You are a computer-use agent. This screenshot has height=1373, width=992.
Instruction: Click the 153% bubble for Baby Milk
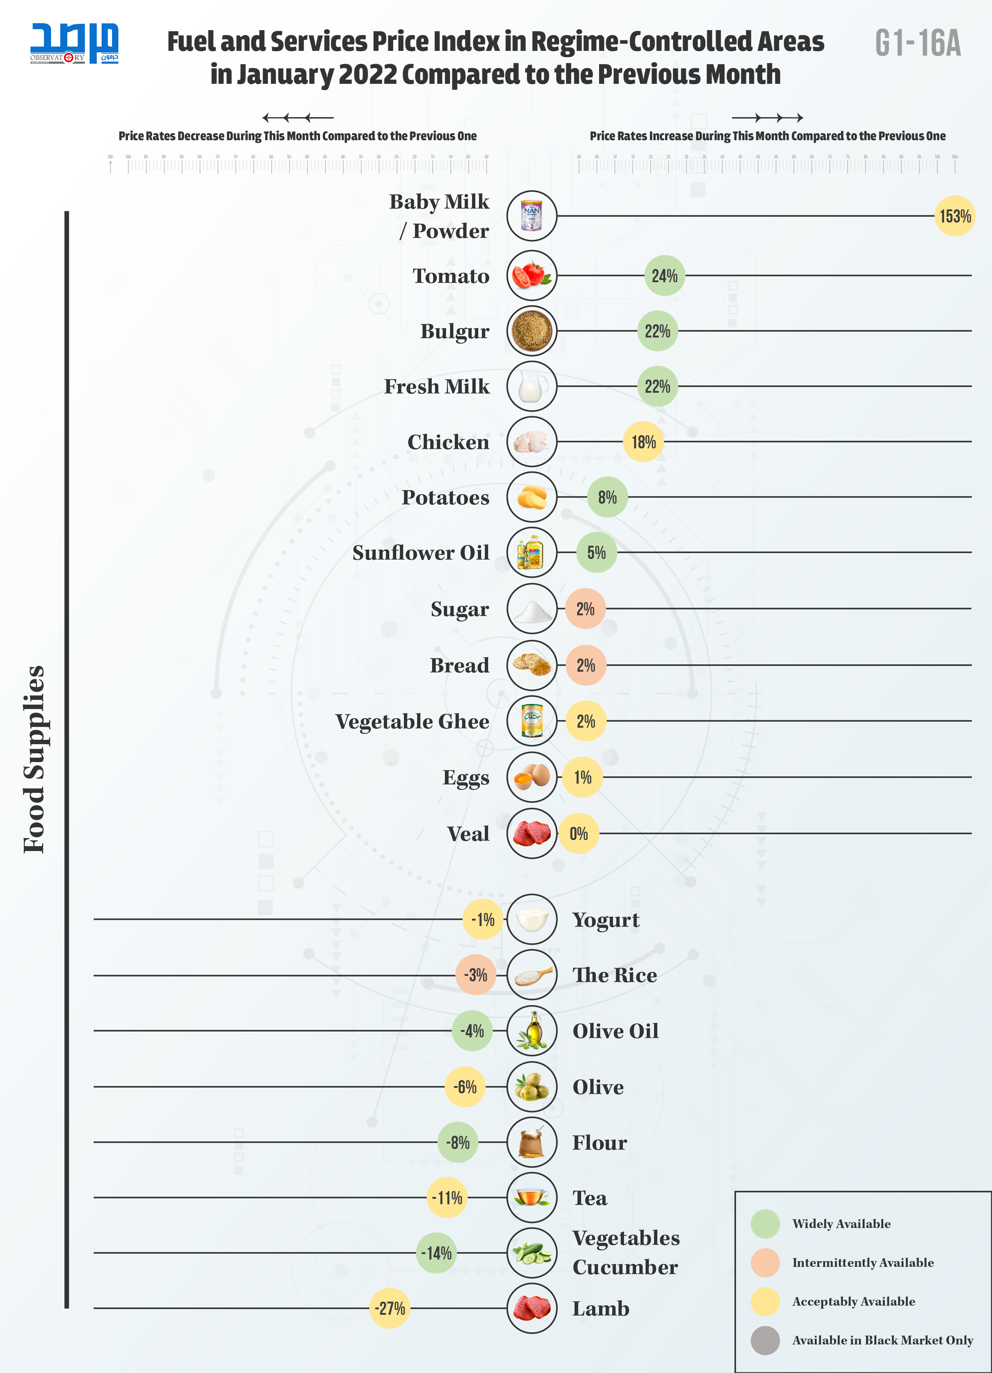click(x=954, y=216)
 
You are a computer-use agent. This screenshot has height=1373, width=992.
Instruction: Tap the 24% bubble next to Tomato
click(x=664, y=276)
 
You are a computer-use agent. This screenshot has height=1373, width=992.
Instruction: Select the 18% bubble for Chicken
click(x=643, y=442)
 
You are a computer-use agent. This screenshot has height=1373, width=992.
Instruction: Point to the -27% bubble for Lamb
click(x=389, y=1308)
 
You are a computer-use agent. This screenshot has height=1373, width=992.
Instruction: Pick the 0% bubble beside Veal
click(x=578, y=833)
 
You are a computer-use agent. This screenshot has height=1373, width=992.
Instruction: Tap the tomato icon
click(x=531, y=276)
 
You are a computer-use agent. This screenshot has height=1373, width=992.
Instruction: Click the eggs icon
click(x=531, y=777)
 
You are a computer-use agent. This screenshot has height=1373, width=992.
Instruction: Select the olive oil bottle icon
click(x=531, y=1030)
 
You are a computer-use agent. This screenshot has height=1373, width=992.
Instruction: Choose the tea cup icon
click(x=531, y=1197)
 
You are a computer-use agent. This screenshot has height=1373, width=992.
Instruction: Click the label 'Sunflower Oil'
click(x=421, y=553)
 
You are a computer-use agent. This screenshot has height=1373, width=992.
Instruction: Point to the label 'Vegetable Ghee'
click(x=412, y=721)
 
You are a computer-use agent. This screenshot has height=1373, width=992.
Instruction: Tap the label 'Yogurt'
click(x=606, y=919)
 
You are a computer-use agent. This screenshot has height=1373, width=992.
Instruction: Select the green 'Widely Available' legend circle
click(x=765, y=1223)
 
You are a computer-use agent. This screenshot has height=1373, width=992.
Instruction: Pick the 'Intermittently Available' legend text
click(x=862, y=1262)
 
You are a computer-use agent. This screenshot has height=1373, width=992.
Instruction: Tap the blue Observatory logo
click(x=74, y=43)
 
